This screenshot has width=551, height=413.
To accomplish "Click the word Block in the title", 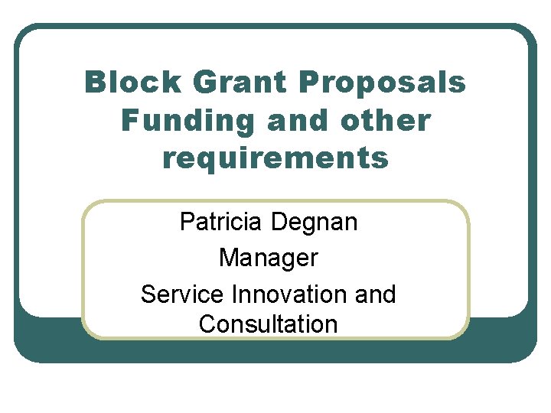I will point(126,83).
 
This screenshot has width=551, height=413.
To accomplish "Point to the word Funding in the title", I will point(174,120).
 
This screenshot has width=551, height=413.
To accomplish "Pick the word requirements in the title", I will point(275,158).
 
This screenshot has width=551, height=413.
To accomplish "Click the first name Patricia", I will point(222,223).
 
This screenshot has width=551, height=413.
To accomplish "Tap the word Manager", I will point(268,258).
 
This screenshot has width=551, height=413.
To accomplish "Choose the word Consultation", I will point(268,324).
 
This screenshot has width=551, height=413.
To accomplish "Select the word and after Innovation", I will point(375,294).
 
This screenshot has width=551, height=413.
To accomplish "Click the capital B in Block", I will point(95,83).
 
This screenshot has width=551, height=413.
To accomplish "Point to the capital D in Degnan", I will point(281,223).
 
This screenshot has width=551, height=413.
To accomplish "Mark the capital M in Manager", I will point(228,258).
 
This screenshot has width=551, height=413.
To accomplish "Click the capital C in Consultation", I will point(207,324).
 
